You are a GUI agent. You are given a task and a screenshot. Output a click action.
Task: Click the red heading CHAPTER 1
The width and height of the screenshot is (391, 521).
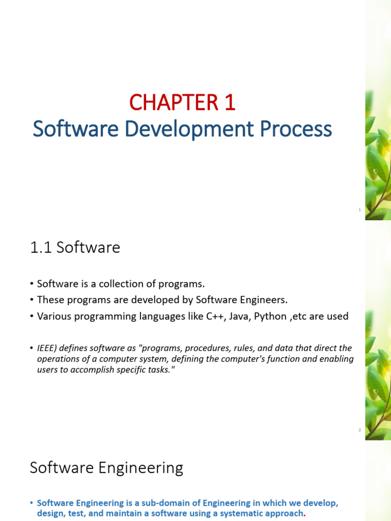(x=182, y=102)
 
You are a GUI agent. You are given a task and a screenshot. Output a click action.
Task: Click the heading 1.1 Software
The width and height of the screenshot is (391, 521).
(x=75, y=247)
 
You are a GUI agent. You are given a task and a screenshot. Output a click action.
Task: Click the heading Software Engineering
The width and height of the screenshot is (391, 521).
(x=106, y=468)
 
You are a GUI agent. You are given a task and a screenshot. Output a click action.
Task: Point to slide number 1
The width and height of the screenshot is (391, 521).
(x=359, y=210)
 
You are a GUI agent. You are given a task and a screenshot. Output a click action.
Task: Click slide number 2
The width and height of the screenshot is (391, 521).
(x=359, y=430)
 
